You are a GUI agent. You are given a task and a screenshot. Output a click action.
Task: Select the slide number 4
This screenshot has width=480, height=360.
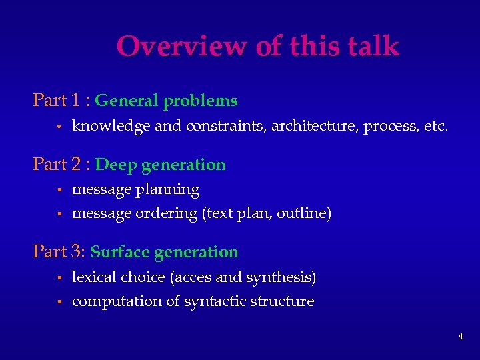click(461, 336)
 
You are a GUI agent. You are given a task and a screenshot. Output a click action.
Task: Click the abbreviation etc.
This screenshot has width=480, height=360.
click(436, 126)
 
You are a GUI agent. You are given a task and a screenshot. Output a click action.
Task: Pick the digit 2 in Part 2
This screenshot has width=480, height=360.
click(77, 165)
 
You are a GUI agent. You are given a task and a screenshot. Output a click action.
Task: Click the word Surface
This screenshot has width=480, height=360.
click(119, 252)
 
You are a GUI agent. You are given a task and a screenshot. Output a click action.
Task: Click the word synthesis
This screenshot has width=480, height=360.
click(282, 277)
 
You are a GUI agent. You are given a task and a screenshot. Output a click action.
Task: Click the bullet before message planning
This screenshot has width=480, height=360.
click(59, 191)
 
